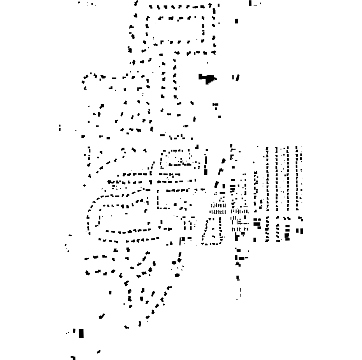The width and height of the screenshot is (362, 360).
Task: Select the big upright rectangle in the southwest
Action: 81,334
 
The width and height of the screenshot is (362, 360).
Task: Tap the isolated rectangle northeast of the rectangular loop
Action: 236,21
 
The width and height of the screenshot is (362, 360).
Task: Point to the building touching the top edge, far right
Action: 251,3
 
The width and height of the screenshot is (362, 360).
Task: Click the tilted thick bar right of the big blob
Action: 237,78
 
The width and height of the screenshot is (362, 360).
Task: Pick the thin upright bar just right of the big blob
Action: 234,77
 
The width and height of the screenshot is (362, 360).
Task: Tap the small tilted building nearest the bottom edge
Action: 98,352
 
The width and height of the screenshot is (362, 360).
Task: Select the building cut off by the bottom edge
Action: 73,357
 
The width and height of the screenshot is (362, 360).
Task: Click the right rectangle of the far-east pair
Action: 302,231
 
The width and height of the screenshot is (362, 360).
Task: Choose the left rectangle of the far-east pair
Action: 297,231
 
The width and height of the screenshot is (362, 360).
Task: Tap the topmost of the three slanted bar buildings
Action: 223,161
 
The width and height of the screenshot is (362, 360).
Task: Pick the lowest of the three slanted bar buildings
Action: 216,185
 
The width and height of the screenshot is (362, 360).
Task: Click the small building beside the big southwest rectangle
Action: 74,331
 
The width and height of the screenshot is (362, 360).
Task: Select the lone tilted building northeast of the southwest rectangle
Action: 102,316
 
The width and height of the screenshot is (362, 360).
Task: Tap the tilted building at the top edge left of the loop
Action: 136,3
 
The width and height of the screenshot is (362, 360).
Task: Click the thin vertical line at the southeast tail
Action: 240,292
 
